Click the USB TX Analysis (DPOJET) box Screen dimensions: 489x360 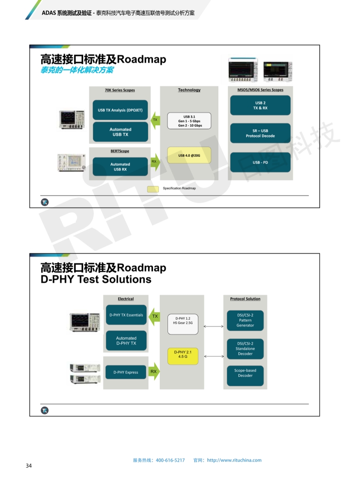pos(120,110)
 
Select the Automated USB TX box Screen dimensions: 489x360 pos(120,132)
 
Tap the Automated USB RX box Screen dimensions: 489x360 pos(120,167)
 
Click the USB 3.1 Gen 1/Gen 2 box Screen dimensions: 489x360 pos(189,121)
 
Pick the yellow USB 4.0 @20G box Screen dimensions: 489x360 pos(189,156)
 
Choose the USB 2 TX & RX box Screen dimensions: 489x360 pos(260,105)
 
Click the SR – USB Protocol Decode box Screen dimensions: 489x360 pos(260,133)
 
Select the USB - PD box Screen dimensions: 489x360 pos(260,163)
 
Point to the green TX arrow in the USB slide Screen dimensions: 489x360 pos(155,120)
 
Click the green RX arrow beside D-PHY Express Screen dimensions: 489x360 pos(154,372)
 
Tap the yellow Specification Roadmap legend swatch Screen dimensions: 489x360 pos(153,188)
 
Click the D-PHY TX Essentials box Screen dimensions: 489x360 pos(126,315)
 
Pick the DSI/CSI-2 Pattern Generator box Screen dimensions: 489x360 pos(245,320)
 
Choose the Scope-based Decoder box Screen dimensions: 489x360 pos(245,373)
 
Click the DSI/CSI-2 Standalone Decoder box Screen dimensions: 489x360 pos(245,348)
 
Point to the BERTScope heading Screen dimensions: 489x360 pos(119,151)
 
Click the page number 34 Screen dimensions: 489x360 pos(29,466)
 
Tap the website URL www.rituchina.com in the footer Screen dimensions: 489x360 pos(234,460)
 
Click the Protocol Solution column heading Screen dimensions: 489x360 pos(245,299)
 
